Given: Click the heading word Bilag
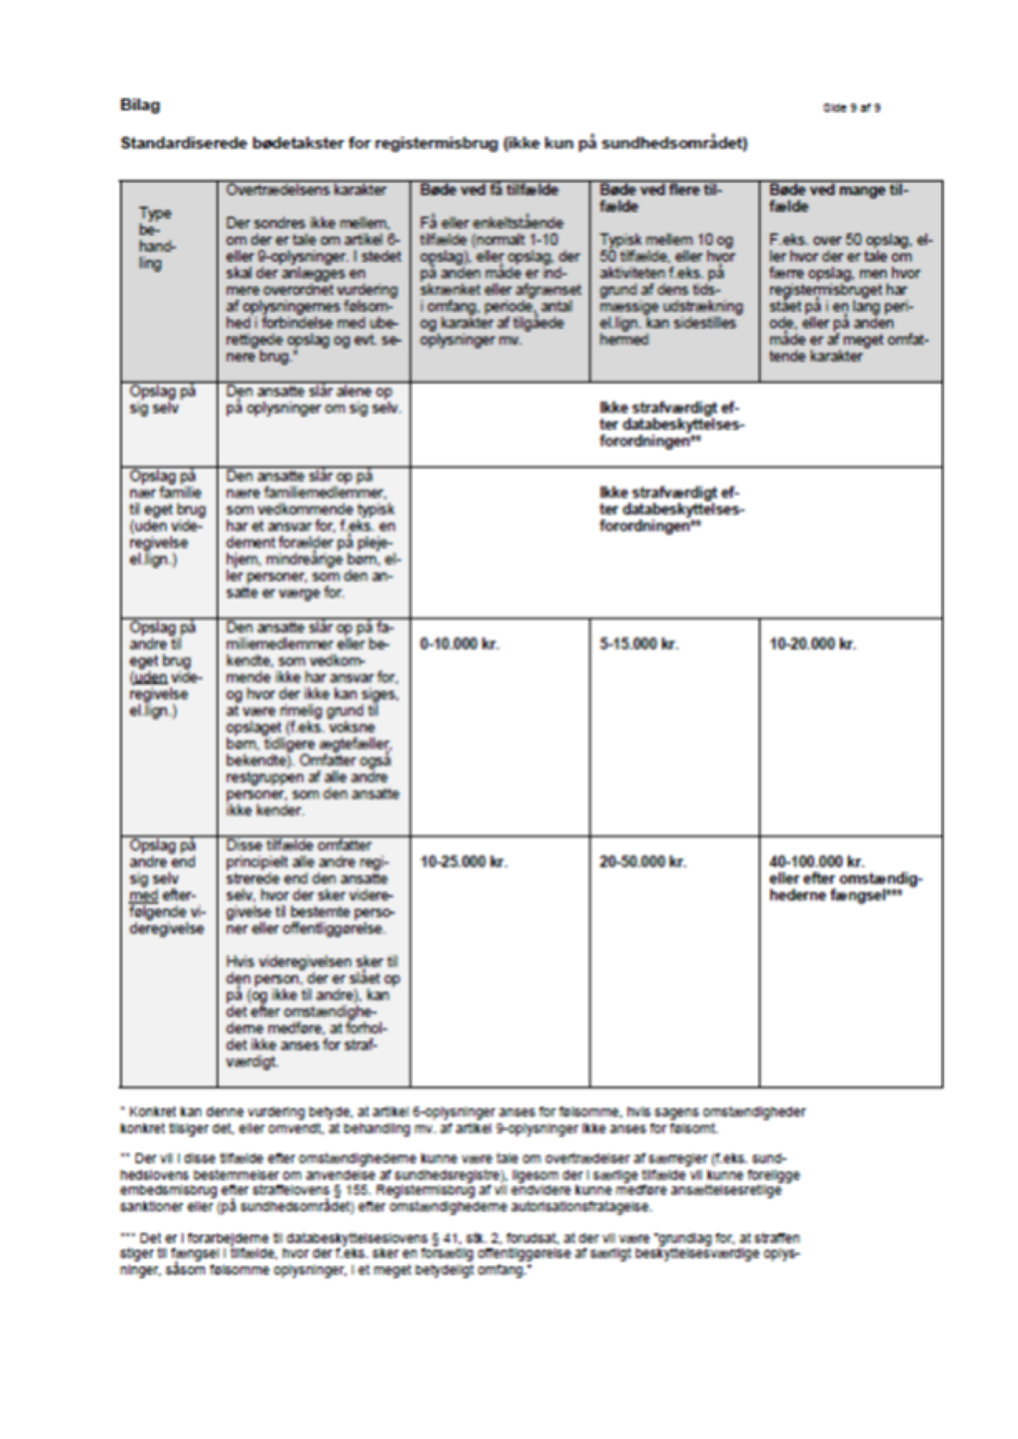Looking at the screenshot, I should click(140, 105).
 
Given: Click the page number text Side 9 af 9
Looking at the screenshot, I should click(851, 107).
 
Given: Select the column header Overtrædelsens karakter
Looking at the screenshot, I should click(306, 190).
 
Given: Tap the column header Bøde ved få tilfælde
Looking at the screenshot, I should click(489, 190).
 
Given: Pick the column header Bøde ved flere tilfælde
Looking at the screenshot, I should click(660, 197).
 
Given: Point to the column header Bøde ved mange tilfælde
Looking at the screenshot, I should click(838, 197).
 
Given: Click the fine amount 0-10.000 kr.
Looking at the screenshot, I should click(459, 643).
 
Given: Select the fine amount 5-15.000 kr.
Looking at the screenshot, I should click(639, 643).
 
